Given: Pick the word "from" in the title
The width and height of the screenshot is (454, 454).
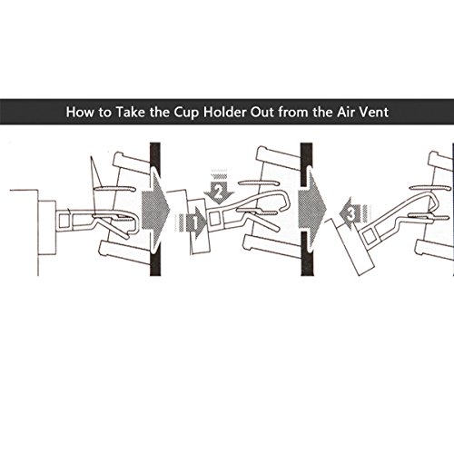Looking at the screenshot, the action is tap(293, 112).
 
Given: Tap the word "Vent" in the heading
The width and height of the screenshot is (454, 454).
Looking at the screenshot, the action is tap(374, 112).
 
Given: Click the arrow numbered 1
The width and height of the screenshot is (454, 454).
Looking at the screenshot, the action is tap(191, 222).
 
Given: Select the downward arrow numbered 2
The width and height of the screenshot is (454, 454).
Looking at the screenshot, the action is tap(219, 188).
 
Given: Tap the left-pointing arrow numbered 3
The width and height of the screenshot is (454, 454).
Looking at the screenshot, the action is tap(355, 212).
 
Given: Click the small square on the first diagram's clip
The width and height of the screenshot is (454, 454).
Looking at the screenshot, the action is tap(64, 221).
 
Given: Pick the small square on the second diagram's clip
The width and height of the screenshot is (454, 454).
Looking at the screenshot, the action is tap(213, 218).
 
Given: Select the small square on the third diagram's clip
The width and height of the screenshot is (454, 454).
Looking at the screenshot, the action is tap(370, 237).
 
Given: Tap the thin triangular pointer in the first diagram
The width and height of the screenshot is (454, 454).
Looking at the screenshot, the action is tap(95, 172).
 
